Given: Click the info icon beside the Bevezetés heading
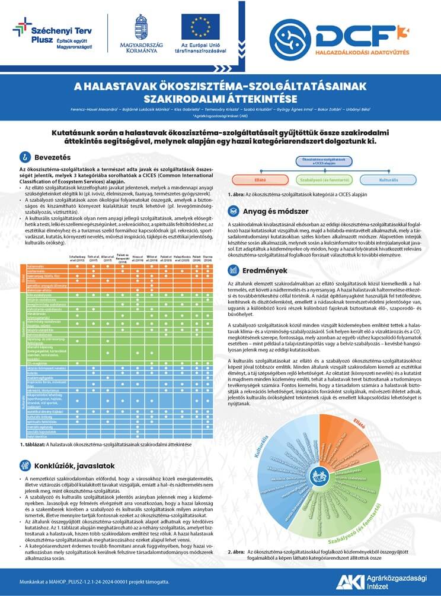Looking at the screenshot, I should pos(24,157).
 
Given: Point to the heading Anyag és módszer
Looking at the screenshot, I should pos(274,211).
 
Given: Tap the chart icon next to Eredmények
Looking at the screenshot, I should pos(233,269).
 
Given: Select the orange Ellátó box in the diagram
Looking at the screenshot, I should pos(260,179).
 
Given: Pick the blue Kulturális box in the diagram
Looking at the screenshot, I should pos(388,179).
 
